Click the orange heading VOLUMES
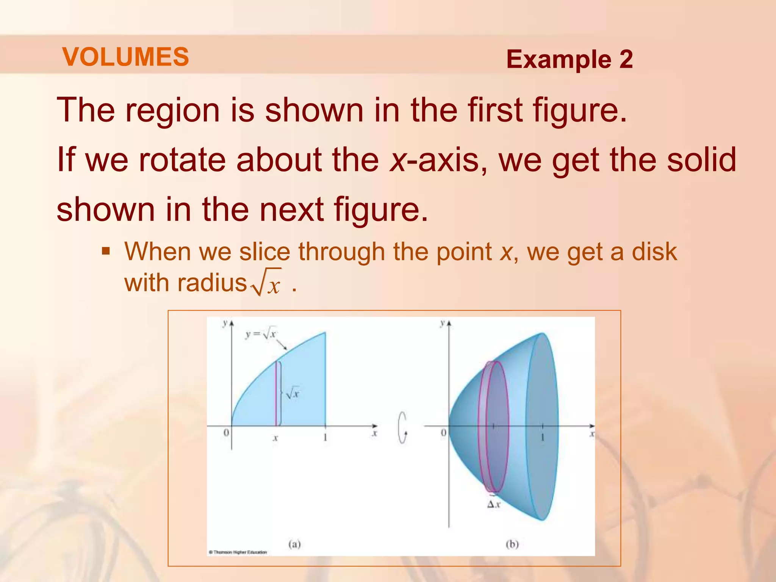click(x=125, y=57)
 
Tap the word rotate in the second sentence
click(x=182, y=160)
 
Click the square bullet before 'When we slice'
click(x=106, y=251)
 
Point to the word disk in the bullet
click(x=654, y=252)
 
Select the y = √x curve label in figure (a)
click(x=261, y=334)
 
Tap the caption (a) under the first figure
click(x=294, y=544)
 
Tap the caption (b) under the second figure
click(x=512, y=544)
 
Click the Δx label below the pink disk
click(x=494, y=504)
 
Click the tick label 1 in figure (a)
click(x=325, y=438)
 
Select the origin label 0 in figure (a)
click(x=226, y=433)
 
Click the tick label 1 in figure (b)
click(x=542, y=438)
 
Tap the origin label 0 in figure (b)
click(x=444, y=433)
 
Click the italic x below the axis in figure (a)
click(x=275, y=438)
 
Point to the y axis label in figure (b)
click(x=442, y=323)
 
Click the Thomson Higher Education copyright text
click(x=238, y=552)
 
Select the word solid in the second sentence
click(x=701, y=160)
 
